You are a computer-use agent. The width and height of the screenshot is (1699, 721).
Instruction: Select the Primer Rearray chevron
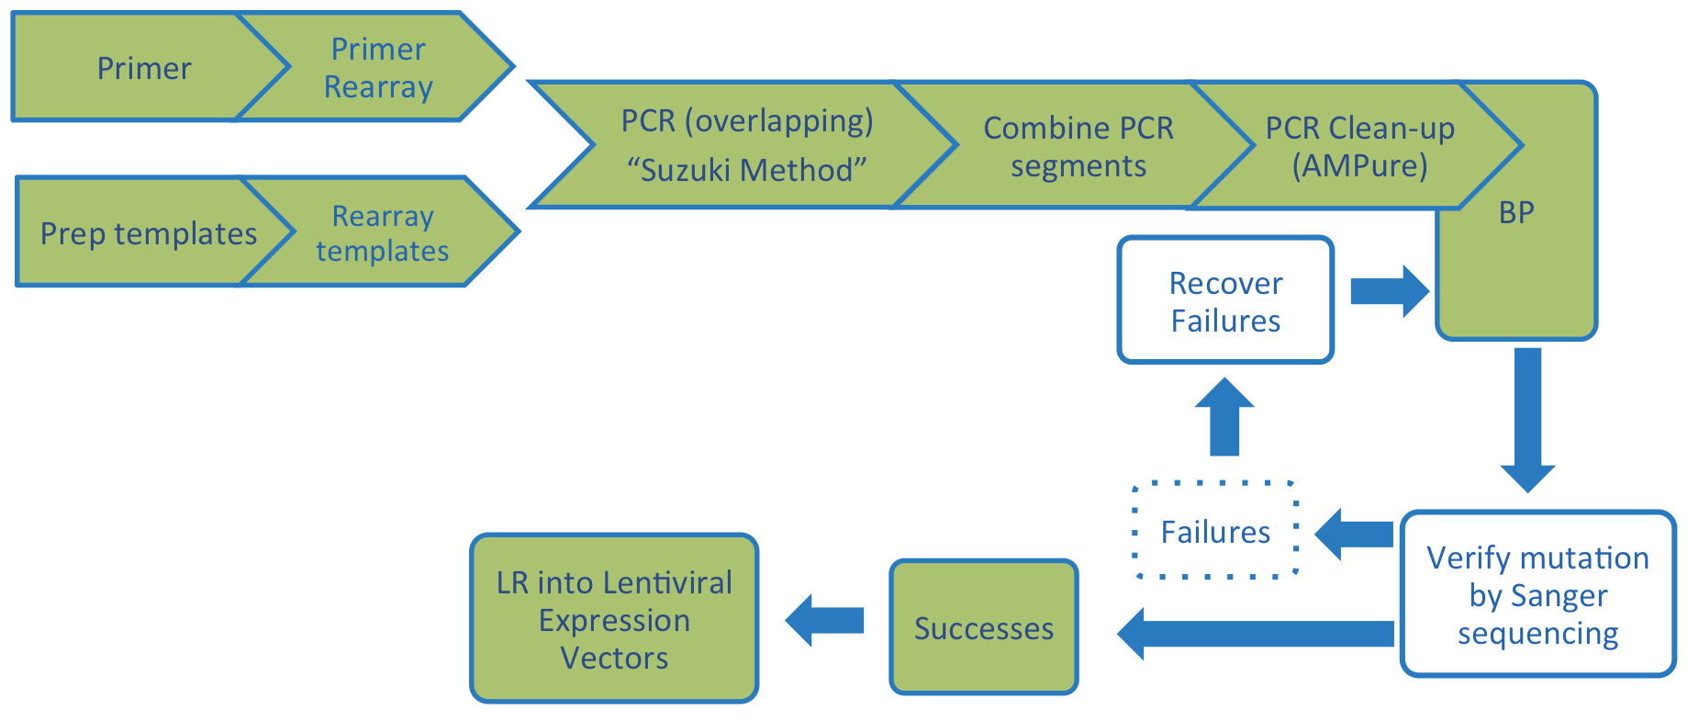pos(378,68)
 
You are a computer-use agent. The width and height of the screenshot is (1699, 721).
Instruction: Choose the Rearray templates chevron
pos(383,233)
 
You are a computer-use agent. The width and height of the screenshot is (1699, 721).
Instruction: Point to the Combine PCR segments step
pos(1079,146)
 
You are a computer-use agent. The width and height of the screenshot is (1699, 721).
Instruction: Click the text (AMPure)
pos(1359,166)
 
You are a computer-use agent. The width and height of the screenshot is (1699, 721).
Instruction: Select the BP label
pos(1516,213)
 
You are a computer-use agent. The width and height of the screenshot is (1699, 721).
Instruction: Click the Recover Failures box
pos(1225,301)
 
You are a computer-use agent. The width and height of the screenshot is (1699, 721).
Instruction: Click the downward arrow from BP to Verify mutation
pos(1527,418)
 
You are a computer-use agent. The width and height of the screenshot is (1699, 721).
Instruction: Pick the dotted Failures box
pos(1215,532)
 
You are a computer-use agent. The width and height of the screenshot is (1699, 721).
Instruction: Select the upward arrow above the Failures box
pos(1224,418)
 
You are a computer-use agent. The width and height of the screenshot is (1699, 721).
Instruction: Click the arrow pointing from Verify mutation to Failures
pos(1355,534)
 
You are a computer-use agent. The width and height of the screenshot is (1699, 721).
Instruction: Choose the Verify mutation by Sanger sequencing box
pos(1537,595)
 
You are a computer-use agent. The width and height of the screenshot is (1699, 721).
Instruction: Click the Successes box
pos(983,628)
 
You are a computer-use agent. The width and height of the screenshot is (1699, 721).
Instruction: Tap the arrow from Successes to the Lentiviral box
pos(825,620)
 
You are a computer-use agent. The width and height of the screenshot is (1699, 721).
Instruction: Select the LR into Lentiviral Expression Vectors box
pos(614,620)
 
